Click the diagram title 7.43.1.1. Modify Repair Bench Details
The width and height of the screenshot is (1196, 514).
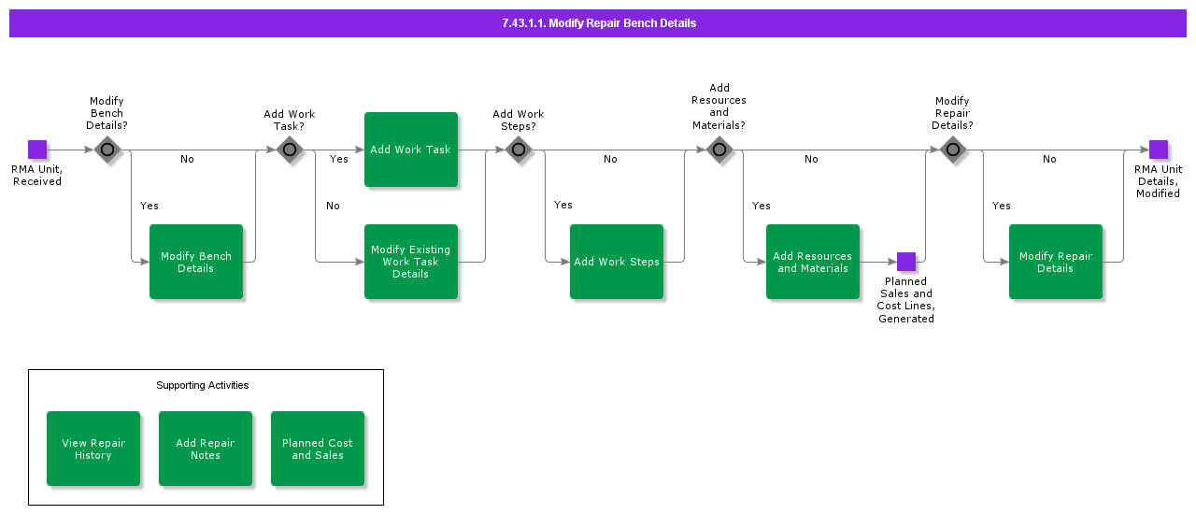point(598,23)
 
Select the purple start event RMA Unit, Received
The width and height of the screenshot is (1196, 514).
point(37,150)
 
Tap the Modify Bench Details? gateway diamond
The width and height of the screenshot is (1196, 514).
point(107,150)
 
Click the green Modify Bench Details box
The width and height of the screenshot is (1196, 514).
point(196,262)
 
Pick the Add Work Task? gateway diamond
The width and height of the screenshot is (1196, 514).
point(290,150)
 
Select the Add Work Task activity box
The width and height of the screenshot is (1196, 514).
point(411,150)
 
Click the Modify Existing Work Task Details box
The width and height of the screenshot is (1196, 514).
point(411,262)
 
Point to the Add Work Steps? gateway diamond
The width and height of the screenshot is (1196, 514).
point(519,150)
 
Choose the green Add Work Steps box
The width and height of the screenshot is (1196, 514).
point(617,262)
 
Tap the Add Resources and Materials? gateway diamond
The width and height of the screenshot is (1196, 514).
point(719,150)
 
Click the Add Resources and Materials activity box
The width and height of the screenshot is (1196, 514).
point(813,262)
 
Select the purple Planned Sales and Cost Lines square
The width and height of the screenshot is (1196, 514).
point(906,262)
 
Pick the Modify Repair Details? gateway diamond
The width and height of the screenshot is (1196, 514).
point(952,150)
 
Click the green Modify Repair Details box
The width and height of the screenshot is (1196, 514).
point(1056,262)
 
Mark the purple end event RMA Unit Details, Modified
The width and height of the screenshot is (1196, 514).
point(1159,150)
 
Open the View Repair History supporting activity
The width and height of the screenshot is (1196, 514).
point(93,449)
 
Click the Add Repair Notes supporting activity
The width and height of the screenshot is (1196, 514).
point(206,449)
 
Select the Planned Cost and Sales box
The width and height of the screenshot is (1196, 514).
point(318,449)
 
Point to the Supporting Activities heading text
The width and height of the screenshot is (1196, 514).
point(203,385)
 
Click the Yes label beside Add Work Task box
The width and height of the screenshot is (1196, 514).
point(339,159)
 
